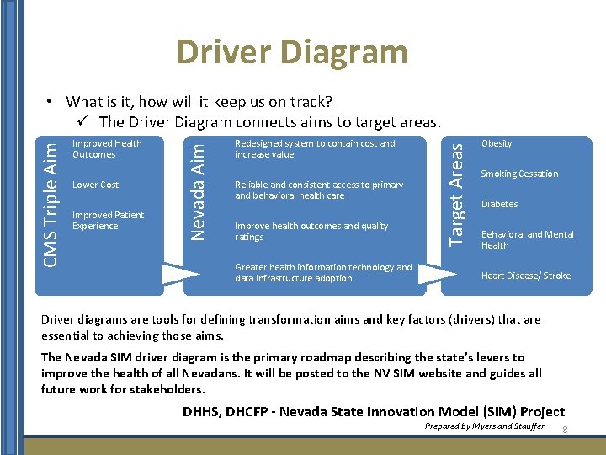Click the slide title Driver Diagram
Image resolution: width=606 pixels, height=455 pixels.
(292, 52)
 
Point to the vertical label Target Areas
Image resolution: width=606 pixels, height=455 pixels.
(456, 194)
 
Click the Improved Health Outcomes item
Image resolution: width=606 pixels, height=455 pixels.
(107, 149)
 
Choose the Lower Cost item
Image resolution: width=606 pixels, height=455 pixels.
(96, 185)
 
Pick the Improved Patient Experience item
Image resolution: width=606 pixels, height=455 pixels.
(108, 221)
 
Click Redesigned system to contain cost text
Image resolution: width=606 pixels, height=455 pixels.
(315, 149)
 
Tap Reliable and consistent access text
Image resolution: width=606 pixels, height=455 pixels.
(319, 190)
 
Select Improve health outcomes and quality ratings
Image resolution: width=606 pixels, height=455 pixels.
(311, 232)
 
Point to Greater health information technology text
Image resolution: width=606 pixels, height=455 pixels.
(323, 273)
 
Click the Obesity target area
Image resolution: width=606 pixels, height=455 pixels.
(497, 143)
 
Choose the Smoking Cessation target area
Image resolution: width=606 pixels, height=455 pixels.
(519, 174)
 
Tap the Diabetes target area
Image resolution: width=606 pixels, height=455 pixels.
(499, 204)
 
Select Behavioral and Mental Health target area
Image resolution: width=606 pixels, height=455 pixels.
(526, 240)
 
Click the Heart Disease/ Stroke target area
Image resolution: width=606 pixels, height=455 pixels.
(525, 276)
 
